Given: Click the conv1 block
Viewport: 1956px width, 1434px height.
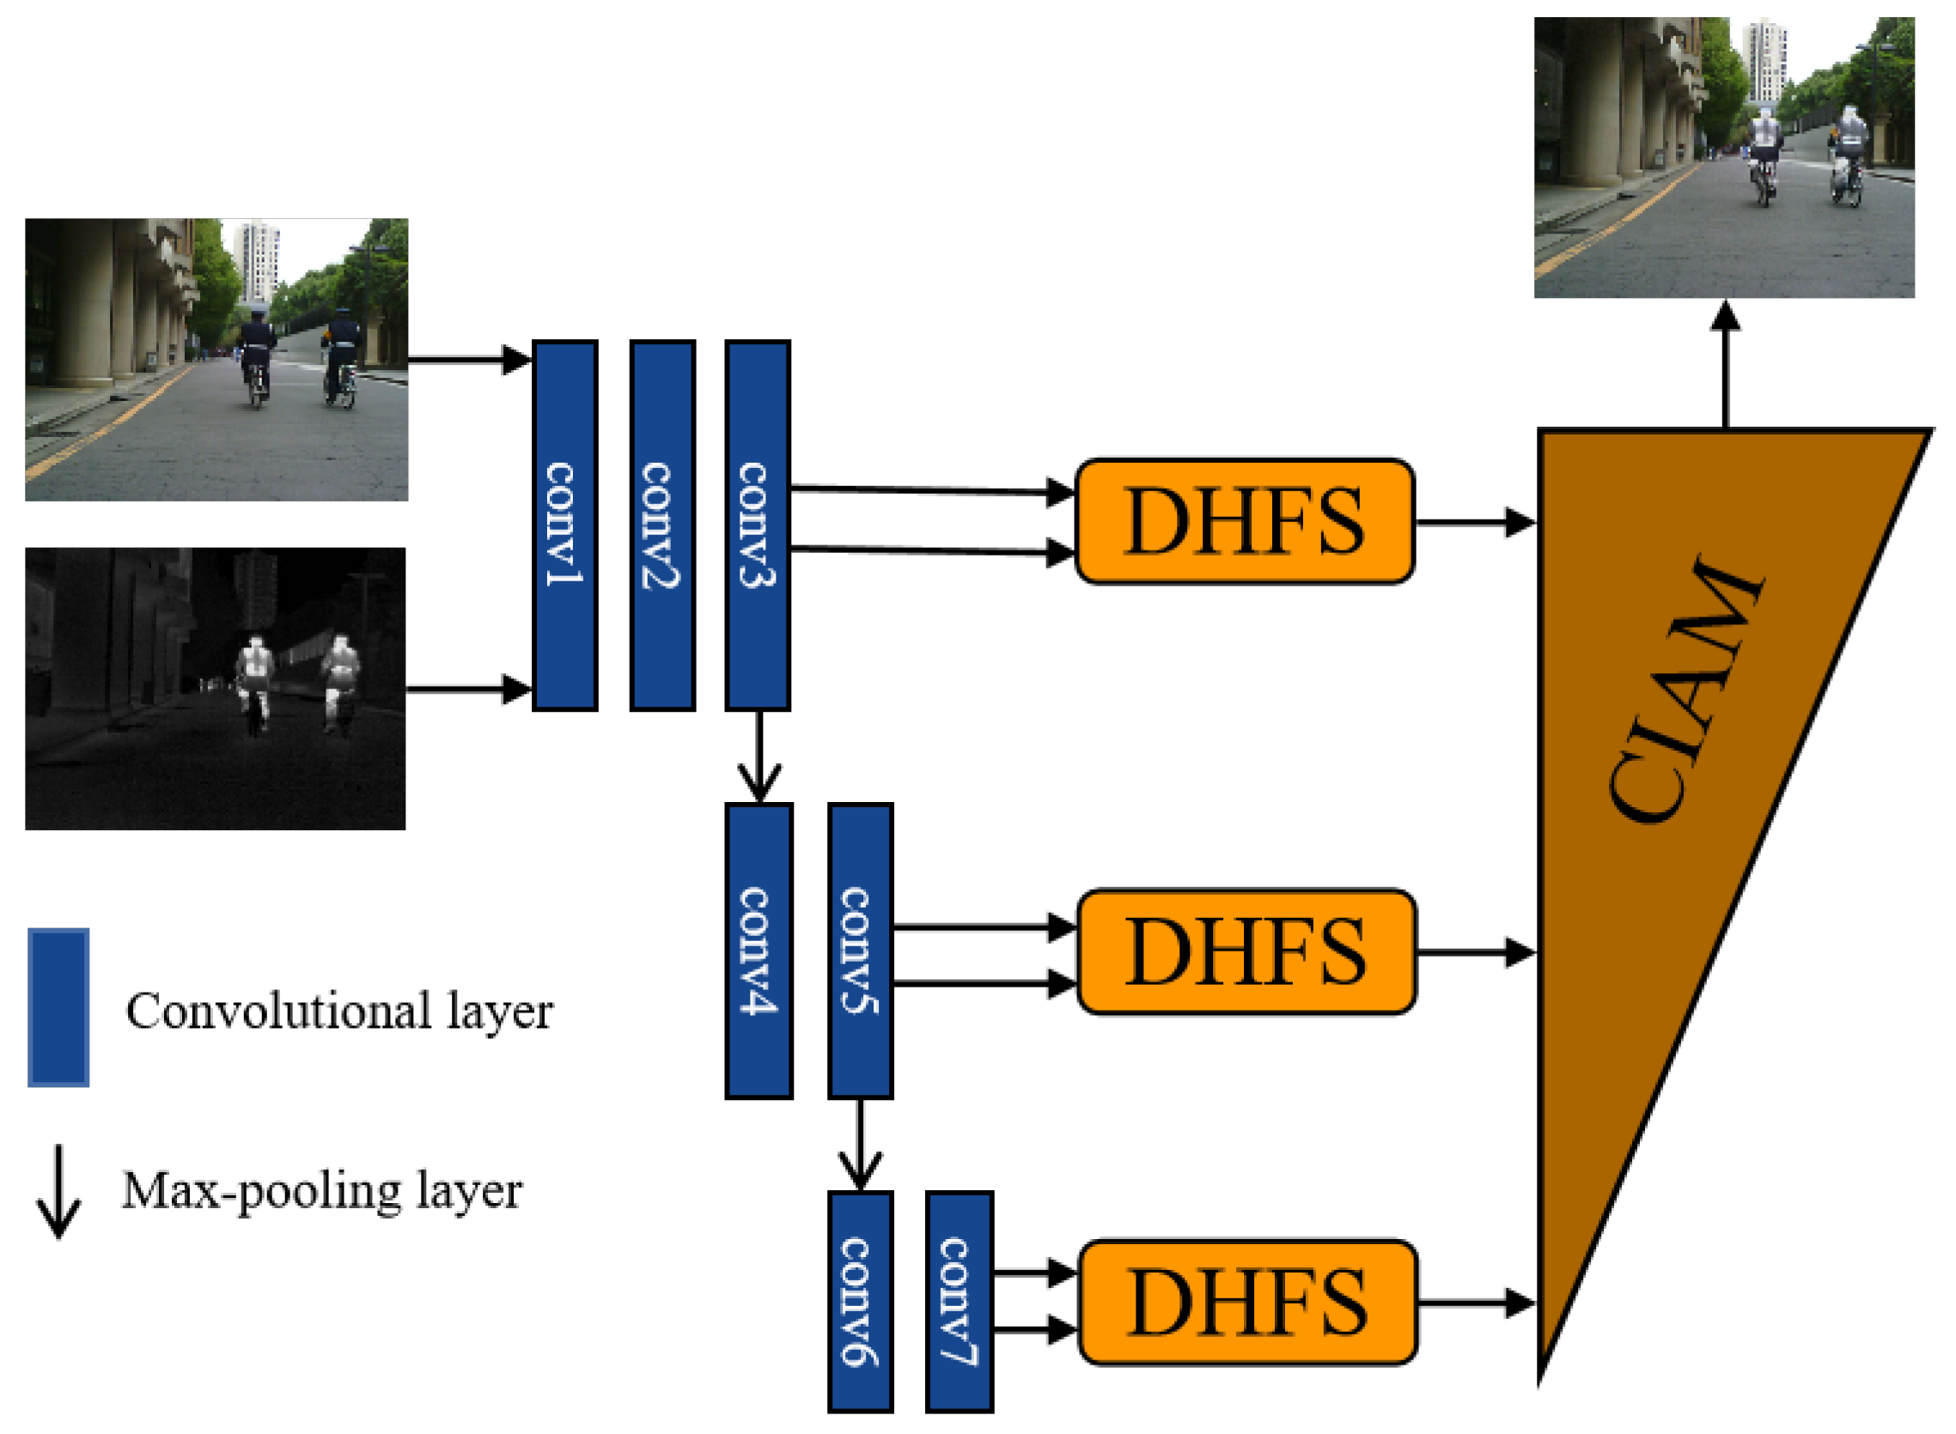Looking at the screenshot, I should [564, 525].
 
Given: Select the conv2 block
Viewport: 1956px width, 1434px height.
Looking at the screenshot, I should [662, 525].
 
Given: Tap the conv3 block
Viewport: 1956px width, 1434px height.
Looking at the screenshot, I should [757, 525].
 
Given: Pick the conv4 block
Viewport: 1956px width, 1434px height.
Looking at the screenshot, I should [759, 951].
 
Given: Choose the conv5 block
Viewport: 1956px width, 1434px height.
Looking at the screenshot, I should [860, 951].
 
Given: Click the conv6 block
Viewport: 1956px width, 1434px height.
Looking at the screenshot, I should [860, 1302].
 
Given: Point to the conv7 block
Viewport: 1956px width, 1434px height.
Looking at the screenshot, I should [959, 1302].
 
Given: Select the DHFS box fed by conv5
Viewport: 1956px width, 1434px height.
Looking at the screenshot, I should [1246, 952].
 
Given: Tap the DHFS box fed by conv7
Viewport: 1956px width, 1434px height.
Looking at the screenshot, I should [1247, 1303].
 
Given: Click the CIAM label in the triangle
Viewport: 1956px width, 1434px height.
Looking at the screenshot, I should [1685, 690].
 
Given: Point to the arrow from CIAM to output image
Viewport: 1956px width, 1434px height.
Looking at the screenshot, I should [1724, 365].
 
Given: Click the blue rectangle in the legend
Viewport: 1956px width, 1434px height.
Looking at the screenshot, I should [58, 1008].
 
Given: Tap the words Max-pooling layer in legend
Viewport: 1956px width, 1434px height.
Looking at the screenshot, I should [321, 1191].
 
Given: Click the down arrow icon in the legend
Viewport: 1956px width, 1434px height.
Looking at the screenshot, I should [58, 1191].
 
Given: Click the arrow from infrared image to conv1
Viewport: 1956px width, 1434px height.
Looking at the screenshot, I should [469, 690].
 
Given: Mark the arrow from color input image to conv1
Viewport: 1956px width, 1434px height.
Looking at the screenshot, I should [469, 359].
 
